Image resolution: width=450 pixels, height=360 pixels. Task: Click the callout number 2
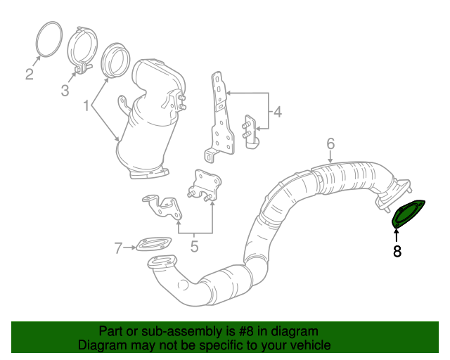[30, 74]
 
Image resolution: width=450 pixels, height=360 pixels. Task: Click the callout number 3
[65, 90]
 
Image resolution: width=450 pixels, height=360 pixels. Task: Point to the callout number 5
[194, 247]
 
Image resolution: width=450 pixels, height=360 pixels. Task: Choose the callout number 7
[118, 247]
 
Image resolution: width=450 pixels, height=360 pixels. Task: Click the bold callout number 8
[397, 250]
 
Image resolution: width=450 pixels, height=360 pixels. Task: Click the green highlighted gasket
[406, 214]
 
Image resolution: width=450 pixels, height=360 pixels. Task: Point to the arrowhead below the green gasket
[397, 229]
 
